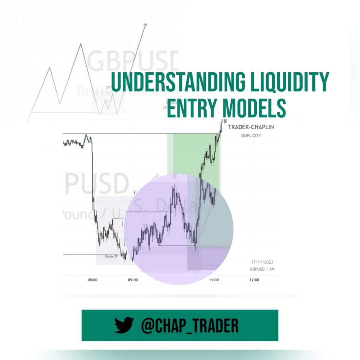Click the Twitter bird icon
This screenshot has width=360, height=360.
point(124,325)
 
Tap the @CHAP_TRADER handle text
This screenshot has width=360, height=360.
point(190,325)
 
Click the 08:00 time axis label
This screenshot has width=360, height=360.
point(92,280)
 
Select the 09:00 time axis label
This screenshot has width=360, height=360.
point(133,280)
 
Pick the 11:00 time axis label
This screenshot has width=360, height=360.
point(214,280)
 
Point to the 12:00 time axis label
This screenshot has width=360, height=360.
point(254,280)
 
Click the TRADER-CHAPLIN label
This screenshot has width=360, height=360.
point(251,127)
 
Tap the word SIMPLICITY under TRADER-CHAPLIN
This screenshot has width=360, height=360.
point(251,136)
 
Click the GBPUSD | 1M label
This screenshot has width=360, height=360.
point(262,269)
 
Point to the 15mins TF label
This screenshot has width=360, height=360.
point(111,256)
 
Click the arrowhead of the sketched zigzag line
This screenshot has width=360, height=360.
point(146,25)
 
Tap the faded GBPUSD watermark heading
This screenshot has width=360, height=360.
point(132,60)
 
